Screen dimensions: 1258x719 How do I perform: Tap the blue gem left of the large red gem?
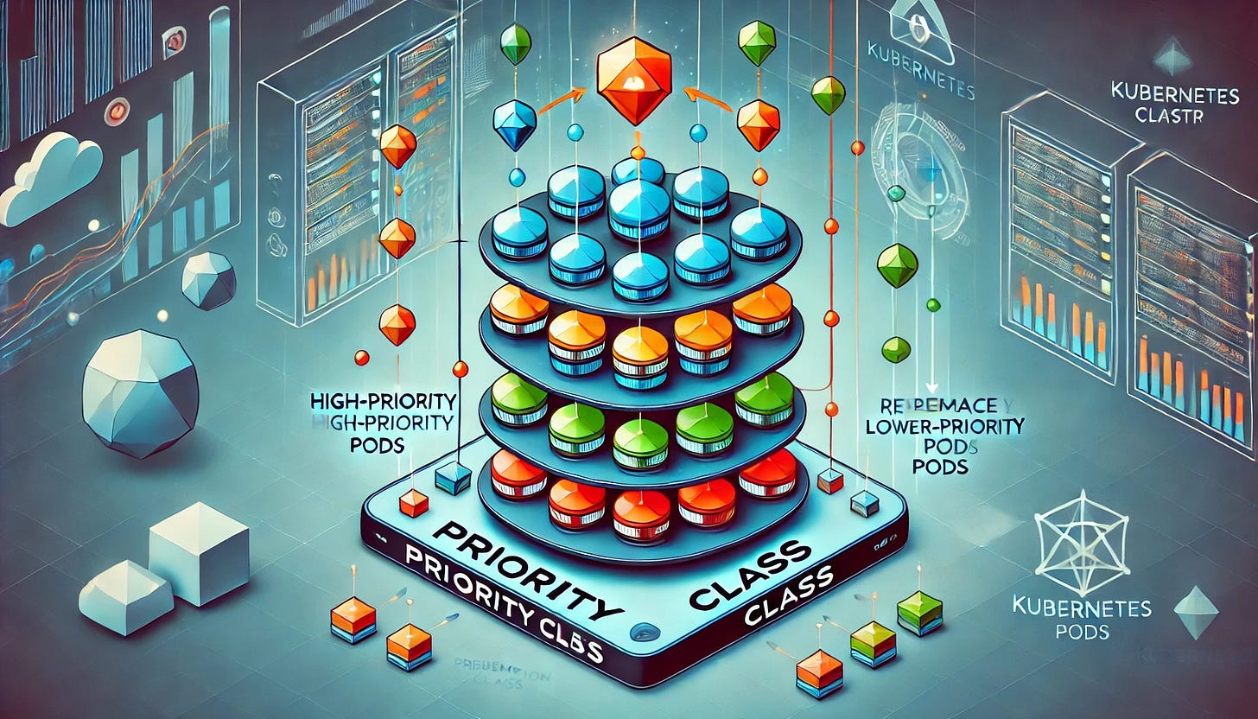click(515, 124)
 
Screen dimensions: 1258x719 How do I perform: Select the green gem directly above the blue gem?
click(516, 42)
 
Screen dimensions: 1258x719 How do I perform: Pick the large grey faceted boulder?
click(140, 392)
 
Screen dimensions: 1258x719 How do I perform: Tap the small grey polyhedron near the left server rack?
click(208, 281)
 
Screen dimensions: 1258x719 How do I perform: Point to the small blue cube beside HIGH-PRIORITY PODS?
click(453, 478)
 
